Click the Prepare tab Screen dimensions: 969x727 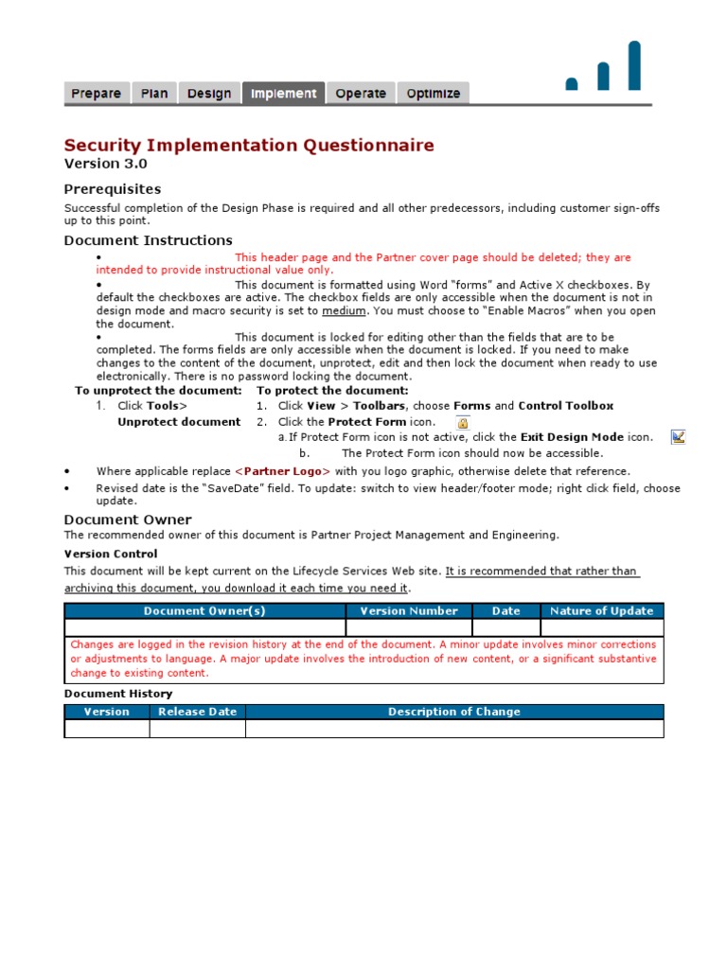point(97,93)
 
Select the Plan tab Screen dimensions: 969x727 point(154,93)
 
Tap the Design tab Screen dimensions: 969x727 point(209,93)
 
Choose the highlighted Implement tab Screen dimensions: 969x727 point(284,93)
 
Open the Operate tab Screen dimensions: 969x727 point(361,93)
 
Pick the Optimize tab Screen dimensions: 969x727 point(434,93)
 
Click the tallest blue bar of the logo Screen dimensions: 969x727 point(634,65)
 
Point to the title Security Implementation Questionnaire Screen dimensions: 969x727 point(249,145)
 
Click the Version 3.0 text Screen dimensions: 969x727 point(105,164)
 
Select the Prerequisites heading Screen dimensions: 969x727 point(113,189)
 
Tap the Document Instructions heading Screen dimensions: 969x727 point(148,240)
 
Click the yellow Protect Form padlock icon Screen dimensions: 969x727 point(463,423)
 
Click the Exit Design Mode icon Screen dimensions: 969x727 point(678,436)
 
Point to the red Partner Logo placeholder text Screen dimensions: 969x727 point(283,471)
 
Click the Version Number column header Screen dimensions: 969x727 point(409,611)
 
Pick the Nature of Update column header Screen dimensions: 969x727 point(602,611)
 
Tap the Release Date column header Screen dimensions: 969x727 point(198,712)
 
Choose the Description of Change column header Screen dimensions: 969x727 point(454,712)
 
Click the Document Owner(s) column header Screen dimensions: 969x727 point(204,611)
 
